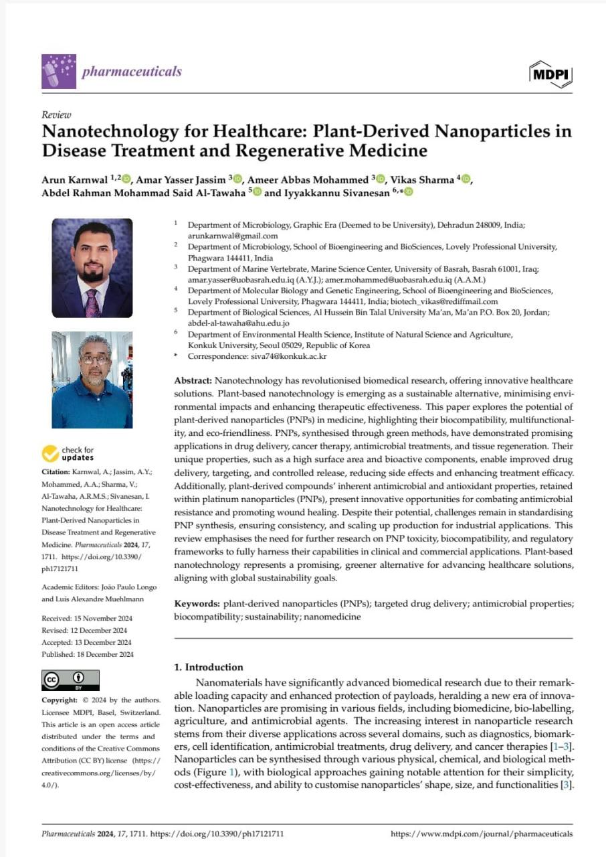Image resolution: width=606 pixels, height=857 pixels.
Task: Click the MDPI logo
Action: coord(550,74)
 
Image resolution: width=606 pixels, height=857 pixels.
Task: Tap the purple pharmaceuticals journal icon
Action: coord(59,71)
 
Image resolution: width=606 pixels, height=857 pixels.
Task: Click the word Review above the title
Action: coord(56,114)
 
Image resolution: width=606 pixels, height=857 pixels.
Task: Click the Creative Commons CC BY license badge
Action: coord(70,680)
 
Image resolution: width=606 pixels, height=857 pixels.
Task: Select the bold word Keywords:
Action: coord(197,603)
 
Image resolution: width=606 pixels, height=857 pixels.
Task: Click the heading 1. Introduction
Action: coord(208,667)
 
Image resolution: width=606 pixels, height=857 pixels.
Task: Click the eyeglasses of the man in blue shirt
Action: coord(96,360)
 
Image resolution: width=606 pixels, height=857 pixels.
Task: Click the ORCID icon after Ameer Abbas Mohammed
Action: coord(381,179)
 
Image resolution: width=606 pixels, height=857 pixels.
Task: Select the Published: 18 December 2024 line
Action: coord(87,654)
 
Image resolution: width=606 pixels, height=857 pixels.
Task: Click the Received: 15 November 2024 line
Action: coord(87,618)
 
